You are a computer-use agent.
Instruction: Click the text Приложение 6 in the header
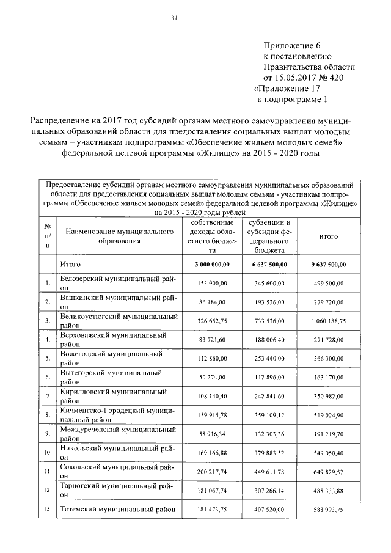point(291,46)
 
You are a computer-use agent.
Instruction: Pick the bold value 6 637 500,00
point(270,264)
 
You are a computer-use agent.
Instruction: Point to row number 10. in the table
point(47,453)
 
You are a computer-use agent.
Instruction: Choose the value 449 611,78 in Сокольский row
point(270,472)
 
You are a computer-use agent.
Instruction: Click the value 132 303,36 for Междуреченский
point(270,434)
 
